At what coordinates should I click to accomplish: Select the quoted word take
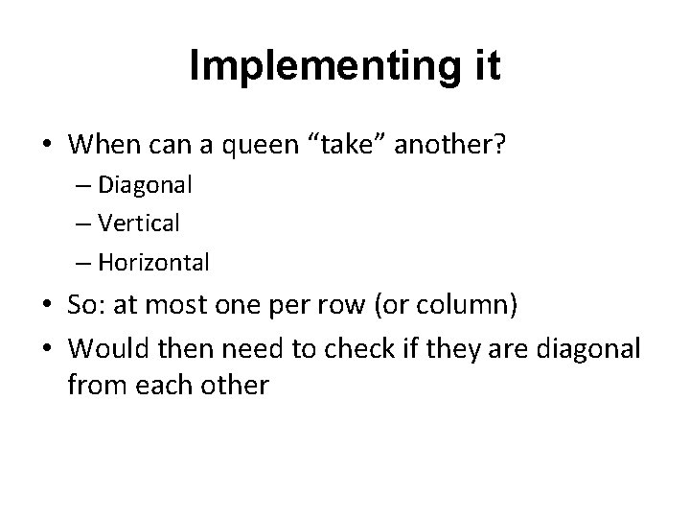336,145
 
